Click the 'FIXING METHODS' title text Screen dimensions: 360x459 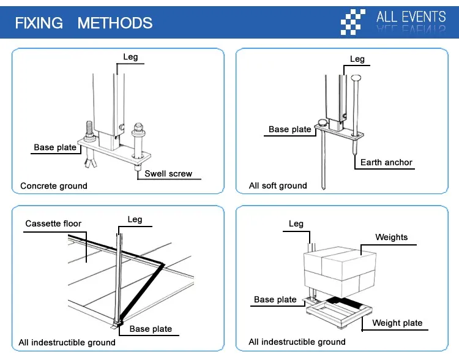click(x=83, y=23)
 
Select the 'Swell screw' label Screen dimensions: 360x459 click(x=168, y=174)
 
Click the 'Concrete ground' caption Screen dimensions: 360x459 click(x=54, y=186)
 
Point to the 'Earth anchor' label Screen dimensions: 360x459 click(x=386, y=162)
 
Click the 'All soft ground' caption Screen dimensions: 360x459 click(x=278, y=186)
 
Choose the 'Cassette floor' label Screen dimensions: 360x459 click(x=53, y=223)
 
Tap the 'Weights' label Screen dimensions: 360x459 click(x=391, y=237)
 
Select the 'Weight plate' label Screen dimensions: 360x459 click(x=397, y=323)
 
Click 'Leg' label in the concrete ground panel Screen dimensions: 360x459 click(x=130, y=57)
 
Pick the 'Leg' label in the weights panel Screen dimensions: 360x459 click(x=296, y=223)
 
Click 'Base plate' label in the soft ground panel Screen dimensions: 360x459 click(x=290, y=129)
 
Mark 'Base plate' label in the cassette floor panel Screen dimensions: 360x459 click(x=151, y=329)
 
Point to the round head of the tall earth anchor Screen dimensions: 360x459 click(x=356, y=78)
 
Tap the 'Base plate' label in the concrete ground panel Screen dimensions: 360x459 click(x=55, y=147)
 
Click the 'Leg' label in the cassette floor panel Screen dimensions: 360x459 click(x=135, y=219)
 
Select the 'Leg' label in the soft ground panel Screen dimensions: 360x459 click(x=357, y=59)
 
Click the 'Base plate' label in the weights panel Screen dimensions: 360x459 click(x=275, y=299)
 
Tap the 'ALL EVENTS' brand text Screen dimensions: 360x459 click(x=411, y=17)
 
